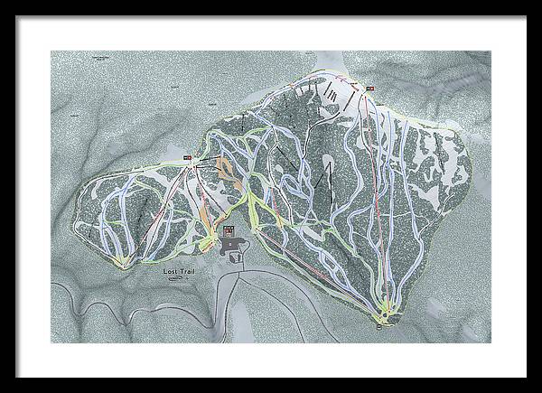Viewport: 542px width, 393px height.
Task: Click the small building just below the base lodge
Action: (x=237, y=258)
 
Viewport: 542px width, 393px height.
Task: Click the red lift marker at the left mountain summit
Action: (x=188, y=158)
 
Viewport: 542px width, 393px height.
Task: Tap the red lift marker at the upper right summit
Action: (x=369, y=88)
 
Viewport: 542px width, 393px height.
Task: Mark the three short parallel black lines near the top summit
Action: (x=332, y=93)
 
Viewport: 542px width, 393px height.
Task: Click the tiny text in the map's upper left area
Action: (x=95, y=57)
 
